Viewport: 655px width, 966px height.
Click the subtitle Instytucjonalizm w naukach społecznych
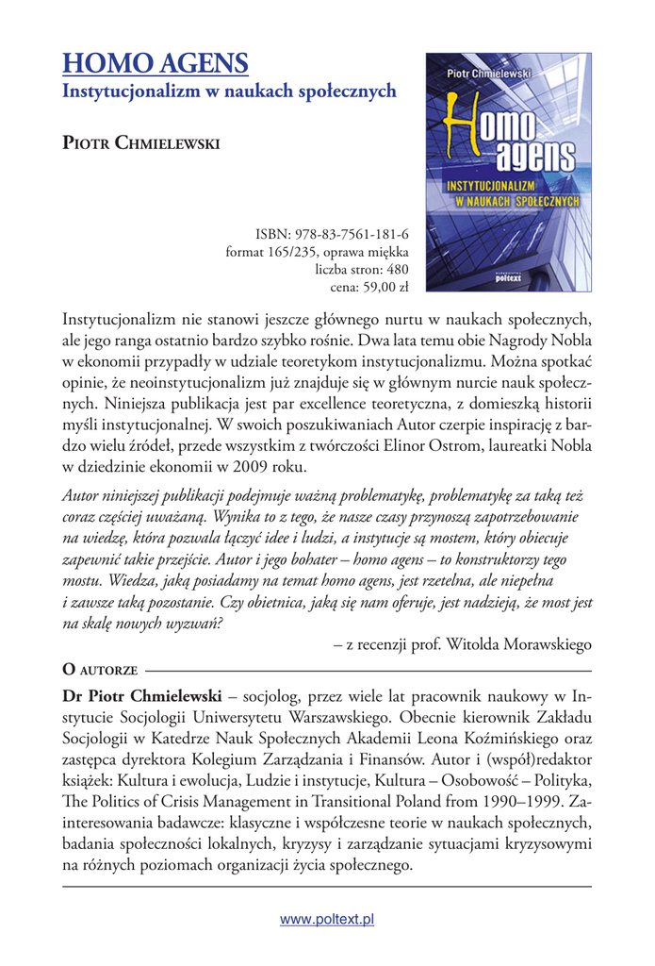[229, 92]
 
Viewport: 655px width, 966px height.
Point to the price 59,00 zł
[374, 288]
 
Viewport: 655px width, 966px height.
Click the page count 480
[396, 270]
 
